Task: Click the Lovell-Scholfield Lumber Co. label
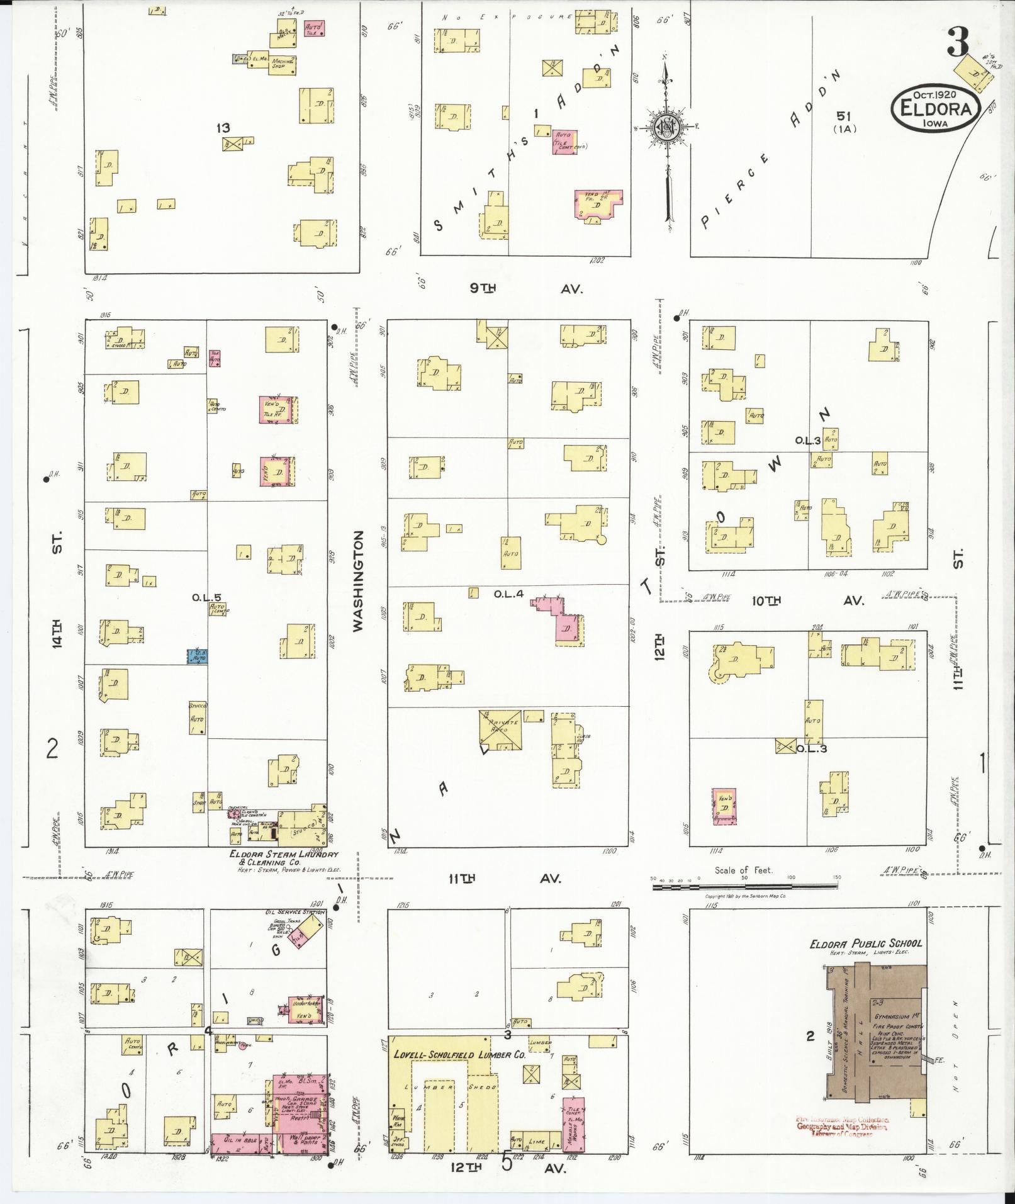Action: pyautogui.click(x=459, y=1055)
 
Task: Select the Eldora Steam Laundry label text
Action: pyautogui.click(x=284, y=855)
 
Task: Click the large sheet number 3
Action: pyautogui.click(x=958, y=43)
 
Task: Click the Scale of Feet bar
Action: pyautogui.click(x=745, y=886)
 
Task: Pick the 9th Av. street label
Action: pyautogui.click(x=527, y=288)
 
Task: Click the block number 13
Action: pyautogui.click(x=223, y=128)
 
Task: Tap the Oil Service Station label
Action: pyautogui.click(x=294, y=912)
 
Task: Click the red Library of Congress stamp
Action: pyautogui.click(x=842, y=1126)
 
